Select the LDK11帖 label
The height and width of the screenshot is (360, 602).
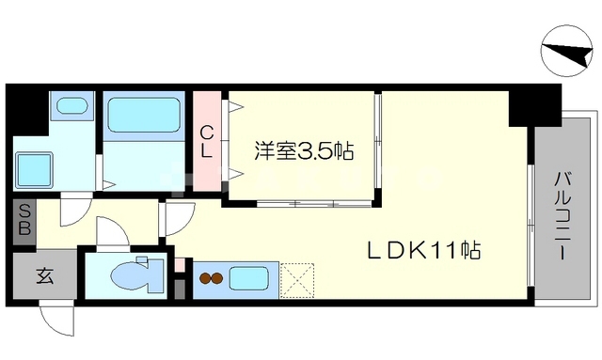pos(424,251)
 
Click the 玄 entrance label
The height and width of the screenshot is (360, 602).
pos(43,276)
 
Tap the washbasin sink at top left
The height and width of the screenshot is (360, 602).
pos(71,106)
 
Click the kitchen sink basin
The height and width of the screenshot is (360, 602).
pos(248,279)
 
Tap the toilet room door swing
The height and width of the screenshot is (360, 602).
pos(110,231)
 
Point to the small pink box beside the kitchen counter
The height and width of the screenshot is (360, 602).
pos(180,266)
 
